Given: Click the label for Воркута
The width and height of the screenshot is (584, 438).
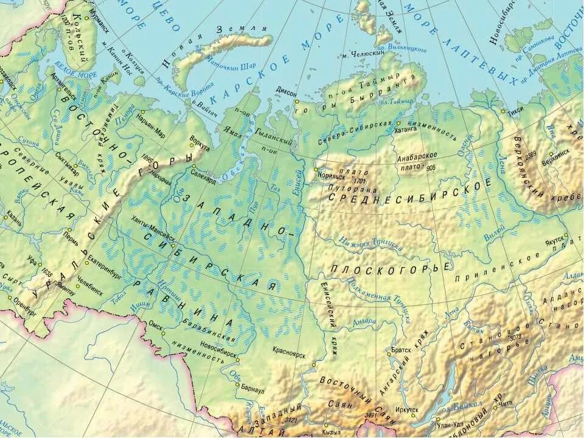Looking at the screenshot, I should coord(200,147).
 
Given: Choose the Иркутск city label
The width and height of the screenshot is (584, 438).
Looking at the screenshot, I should coord(406,410).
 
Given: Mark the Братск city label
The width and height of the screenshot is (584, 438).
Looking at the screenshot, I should coord(402,350).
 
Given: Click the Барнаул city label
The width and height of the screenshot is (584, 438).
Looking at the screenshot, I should coord(253,391).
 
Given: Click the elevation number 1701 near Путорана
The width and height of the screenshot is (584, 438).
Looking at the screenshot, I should coord(359,181).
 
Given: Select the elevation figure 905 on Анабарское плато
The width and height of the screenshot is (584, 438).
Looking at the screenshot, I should coord(431,167).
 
